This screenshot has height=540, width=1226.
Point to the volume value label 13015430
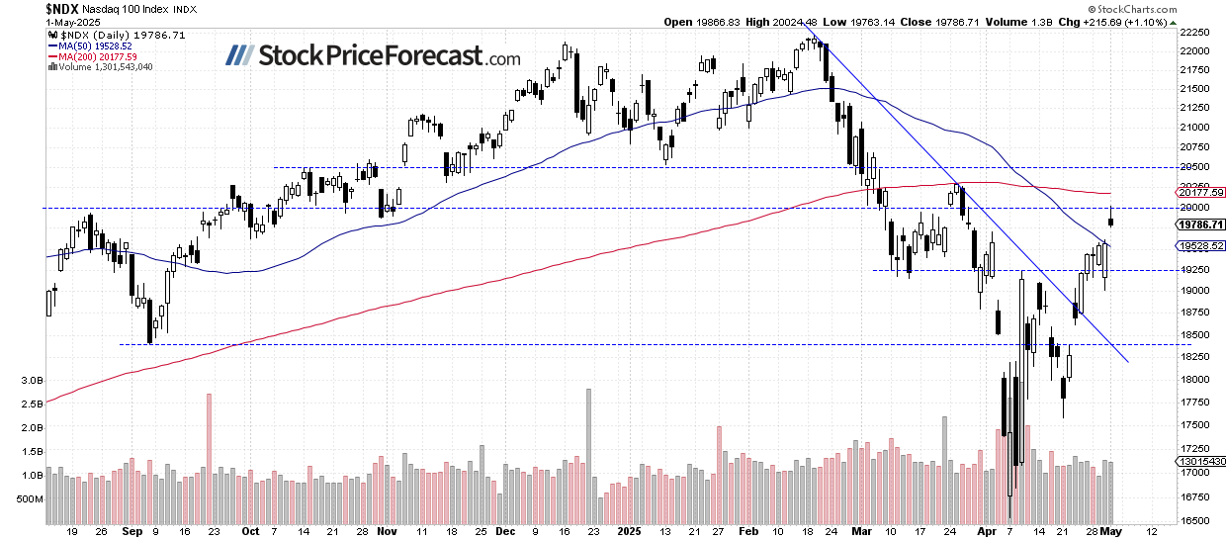1202,460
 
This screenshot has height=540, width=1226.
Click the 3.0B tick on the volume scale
32,380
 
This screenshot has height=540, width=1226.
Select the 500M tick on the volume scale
30,499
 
